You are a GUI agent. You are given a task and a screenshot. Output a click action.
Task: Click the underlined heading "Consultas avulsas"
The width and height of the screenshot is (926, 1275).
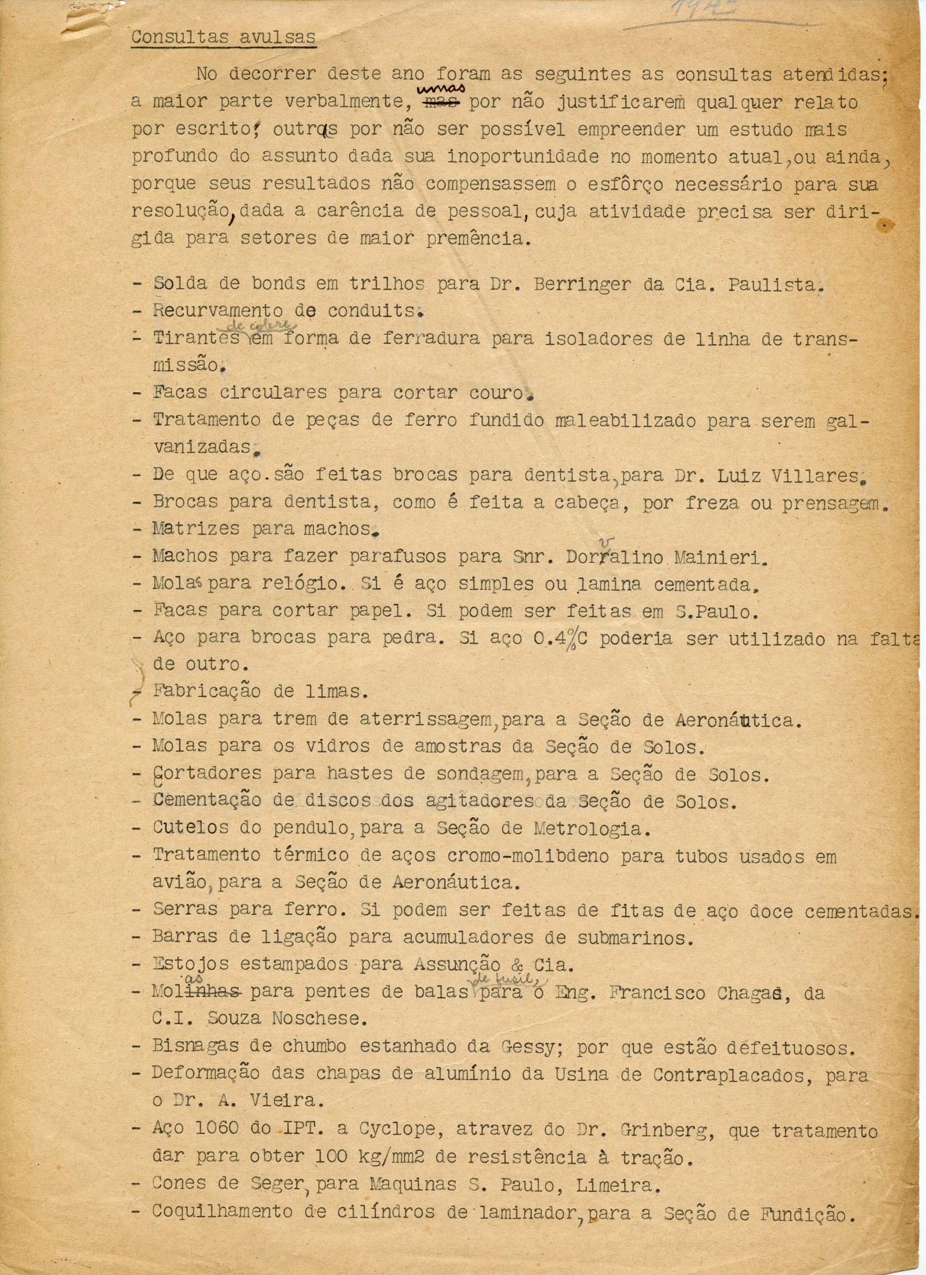coord(223,38)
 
